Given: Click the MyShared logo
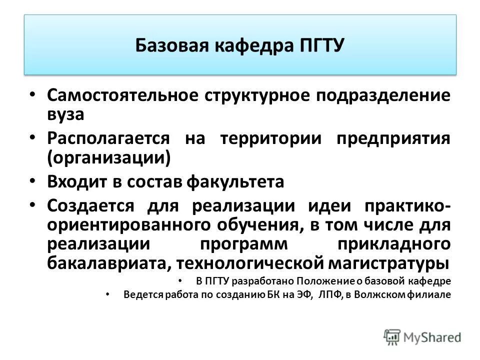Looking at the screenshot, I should click(x=422, y=336).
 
